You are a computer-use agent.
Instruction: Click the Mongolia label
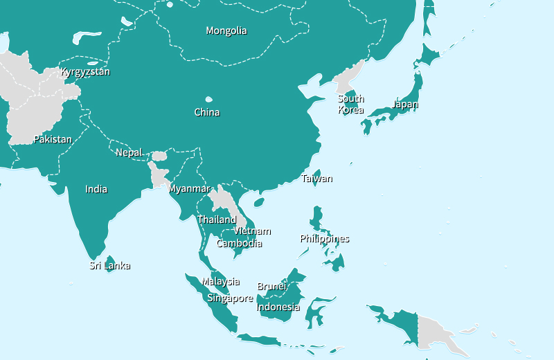pyautogui.click(x=226, y=30)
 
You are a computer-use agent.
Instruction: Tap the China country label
pyautogui.click(x=207, y=112)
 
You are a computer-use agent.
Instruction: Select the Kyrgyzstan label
pyautogui.click(x=85, y=71)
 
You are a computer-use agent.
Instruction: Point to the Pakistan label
pyautogui.click(x=53, y=139)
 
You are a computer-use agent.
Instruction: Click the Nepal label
pyautogui.click(x=129, y=152)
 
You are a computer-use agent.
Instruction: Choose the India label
pyautogui.click(x=96, y=189)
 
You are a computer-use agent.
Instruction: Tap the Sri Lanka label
pyautogui.click(x=110, y=265)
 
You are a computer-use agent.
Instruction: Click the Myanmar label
pyautogui.click(x=189, y=188)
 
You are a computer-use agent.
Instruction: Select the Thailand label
pyautogui.click(x=217, y=219)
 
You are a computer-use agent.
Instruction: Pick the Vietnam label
pyautogui.click(x=252, y=231)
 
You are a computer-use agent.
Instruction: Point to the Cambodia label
pyautogui.click(x=239, y=243)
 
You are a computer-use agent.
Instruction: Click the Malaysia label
pyautogui.click(x=221, y=281)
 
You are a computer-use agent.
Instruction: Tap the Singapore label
pyautogui.click(x=231, y=298)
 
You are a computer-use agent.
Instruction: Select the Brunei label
pyautogui.click(x=271, y=286)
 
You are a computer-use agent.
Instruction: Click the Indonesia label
pyautogui.click(x=278, y=307)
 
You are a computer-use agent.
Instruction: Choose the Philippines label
pyautogui.click(x=325, y=239)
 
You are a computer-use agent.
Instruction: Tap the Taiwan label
pyautogui.click(x=317, y=179)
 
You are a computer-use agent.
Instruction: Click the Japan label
pyautogui.click(x=405, y=105)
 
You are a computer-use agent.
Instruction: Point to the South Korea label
pyautogui.click(x=351, y=104)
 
